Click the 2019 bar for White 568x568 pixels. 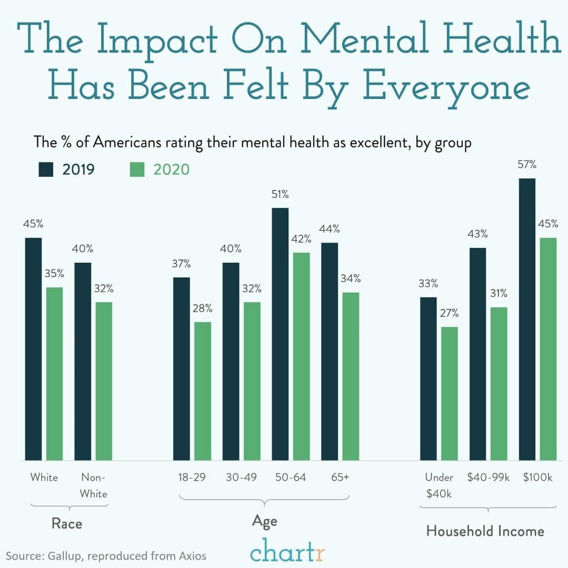(33, 349)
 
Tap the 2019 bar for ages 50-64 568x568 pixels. (280, 334)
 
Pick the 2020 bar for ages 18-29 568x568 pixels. (203, 391)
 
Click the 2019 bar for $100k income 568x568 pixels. (527, 320)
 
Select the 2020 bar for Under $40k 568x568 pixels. (450, 394)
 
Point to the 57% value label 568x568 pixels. (527, 165)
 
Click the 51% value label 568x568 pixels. (280, 195)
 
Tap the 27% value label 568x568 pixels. (450, 314)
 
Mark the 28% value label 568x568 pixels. (203, 308)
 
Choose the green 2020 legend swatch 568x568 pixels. (136, 170)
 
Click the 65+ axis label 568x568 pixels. (340, 477)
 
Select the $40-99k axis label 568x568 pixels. (489, 477)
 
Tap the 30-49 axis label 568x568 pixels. (241, 477)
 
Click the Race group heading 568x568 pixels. (67, 524)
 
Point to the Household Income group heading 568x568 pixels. (485, 531)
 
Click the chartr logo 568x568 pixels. (287, 553)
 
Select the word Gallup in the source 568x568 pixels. (64, 555)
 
